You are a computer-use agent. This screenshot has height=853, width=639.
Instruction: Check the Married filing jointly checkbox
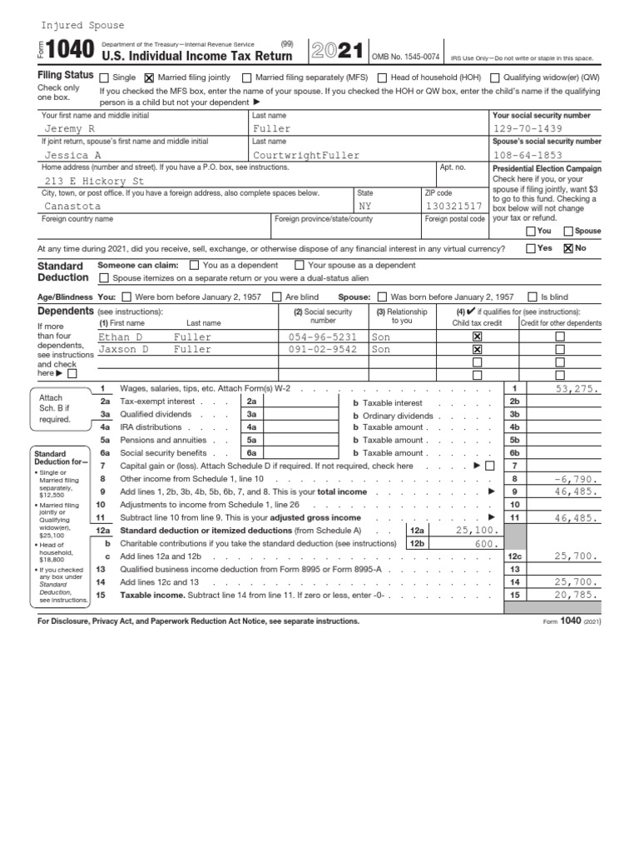pos(150,77)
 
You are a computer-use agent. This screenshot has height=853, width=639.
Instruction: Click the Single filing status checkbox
pos(104,77)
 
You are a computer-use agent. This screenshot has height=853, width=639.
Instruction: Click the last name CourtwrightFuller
pos(306,155)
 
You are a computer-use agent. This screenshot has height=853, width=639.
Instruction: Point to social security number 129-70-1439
pos(528,129)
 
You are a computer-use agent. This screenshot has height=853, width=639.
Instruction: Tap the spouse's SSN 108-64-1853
pos(528,155)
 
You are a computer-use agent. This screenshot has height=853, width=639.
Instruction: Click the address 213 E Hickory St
pos(94,180)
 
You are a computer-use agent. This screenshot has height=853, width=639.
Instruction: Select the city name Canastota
pos(72,206)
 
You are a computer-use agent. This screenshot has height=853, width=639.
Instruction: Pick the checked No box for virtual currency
pos(569,248)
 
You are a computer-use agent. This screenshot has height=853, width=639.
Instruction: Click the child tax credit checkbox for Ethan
pos(477,337)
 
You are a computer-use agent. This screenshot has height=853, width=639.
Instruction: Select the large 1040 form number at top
pos(72,54)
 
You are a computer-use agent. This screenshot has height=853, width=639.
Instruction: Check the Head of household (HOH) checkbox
pos(383,77)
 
